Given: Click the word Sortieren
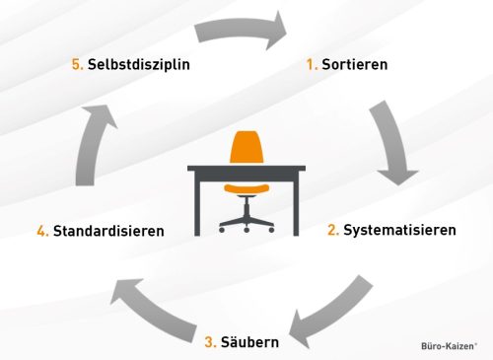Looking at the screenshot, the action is (355, 65).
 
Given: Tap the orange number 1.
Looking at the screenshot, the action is (311, 65).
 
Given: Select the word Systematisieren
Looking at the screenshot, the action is (399, 231).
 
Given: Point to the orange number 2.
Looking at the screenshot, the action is (333, 231).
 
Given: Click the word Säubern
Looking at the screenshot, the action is (248, 342).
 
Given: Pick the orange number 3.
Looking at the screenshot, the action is (210, 342).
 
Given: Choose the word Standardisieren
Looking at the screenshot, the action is (108, 232).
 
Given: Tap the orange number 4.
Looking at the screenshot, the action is (42, 232).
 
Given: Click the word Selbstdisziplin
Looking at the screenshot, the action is (138, 65).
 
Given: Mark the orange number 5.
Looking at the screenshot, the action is (77, 65).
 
